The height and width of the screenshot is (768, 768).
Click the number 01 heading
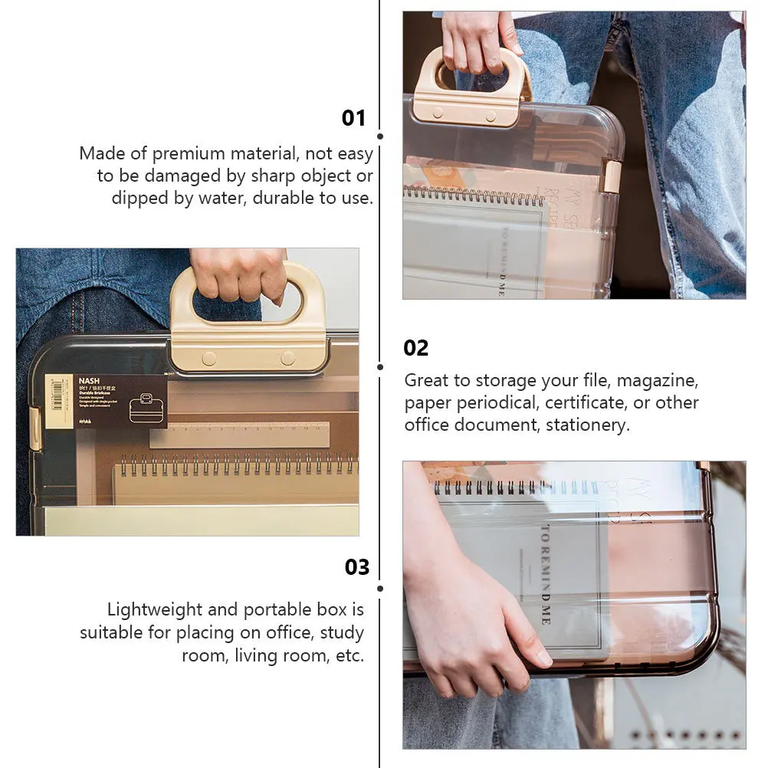point(353,118)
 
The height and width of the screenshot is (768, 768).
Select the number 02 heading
point(416,348)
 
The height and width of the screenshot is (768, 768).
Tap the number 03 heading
point(357,567)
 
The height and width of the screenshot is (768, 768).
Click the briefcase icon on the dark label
point(148,409)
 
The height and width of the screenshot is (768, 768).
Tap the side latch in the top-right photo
point(612,176)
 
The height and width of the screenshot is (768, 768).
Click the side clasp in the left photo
point(34,428)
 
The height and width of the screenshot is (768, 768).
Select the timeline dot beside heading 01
point(380,136)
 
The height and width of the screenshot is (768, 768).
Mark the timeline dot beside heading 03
point(380,589)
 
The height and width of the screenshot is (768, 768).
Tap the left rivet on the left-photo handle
point(208,358)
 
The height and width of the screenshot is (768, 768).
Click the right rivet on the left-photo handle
point(287,358)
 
